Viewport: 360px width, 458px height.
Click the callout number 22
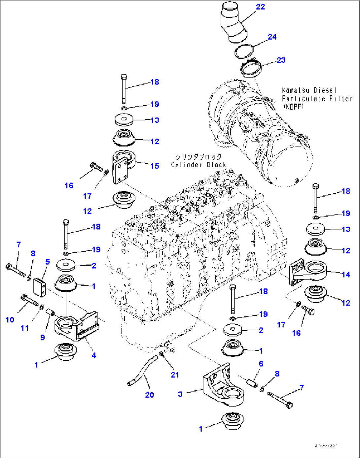point(260,7)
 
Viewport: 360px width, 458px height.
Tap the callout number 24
point(272,37)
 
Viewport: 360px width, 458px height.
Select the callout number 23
point(281,60)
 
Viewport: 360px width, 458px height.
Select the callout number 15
point(155,166)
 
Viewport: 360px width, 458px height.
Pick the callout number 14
point(346,275)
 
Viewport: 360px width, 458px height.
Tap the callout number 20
point(149,395)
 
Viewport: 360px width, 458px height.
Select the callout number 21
point(175,375)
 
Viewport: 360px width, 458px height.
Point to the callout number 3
point(180,394)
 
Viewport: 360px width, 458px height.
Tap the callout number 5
point(47,262)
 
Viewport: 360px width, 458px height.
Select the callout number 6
point(261,364)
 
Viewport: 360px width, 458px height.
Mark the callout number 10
point(10,319)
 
